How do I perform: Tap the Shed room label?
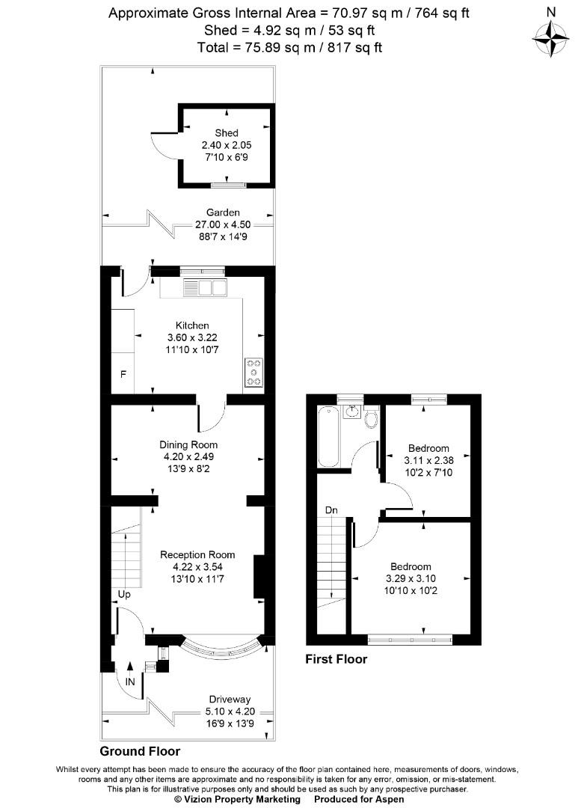pos(227,133)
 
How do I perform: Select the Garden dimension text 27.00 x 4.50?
pos(223,224)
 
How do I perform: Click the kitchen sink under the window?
pos(205,287)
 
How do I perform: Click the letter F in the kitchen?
pos(123,375)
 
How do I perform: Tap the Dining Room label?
pos(188,444)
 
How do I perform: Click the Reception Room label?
pos(197,555)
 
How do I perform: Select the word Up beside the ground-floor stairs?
pos(124,595)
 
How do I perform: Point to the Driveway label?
pos(230,700)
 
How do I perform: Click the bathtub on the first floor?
pos(329,436)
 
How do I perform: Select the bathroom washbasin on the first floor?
pos(352,411)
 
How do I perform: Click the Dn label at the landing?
pos(331,510)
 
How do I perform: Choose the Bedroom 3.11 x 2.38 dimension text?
pos(428,461)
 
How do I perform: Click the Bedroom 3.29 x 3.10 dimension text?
pos(411,578)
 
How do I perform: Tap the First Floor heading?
pos(336,659)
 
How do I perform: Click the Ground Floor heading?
pos(140,751)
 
